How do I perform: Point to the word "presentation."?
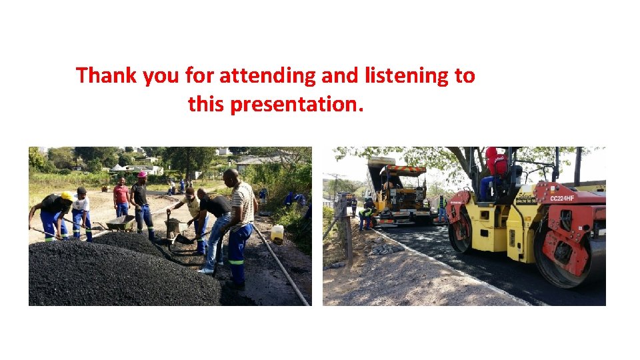click(297, 104)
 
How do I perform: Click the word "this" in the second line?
click(206, 104)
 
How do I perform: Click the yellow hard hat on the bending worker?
click(67, 196)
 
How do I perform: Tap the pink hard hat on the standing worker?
click(142, 175)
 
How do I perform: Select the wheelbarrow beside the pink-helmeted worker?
click(121, 223)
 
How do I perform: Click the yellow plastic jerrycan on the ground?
click(277, 233)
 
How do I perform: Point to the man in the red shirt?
click(121, 197)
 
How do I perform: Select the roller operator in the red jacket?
click(495, 167)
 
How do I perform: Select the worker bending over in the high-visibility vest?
click(365, 217)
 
